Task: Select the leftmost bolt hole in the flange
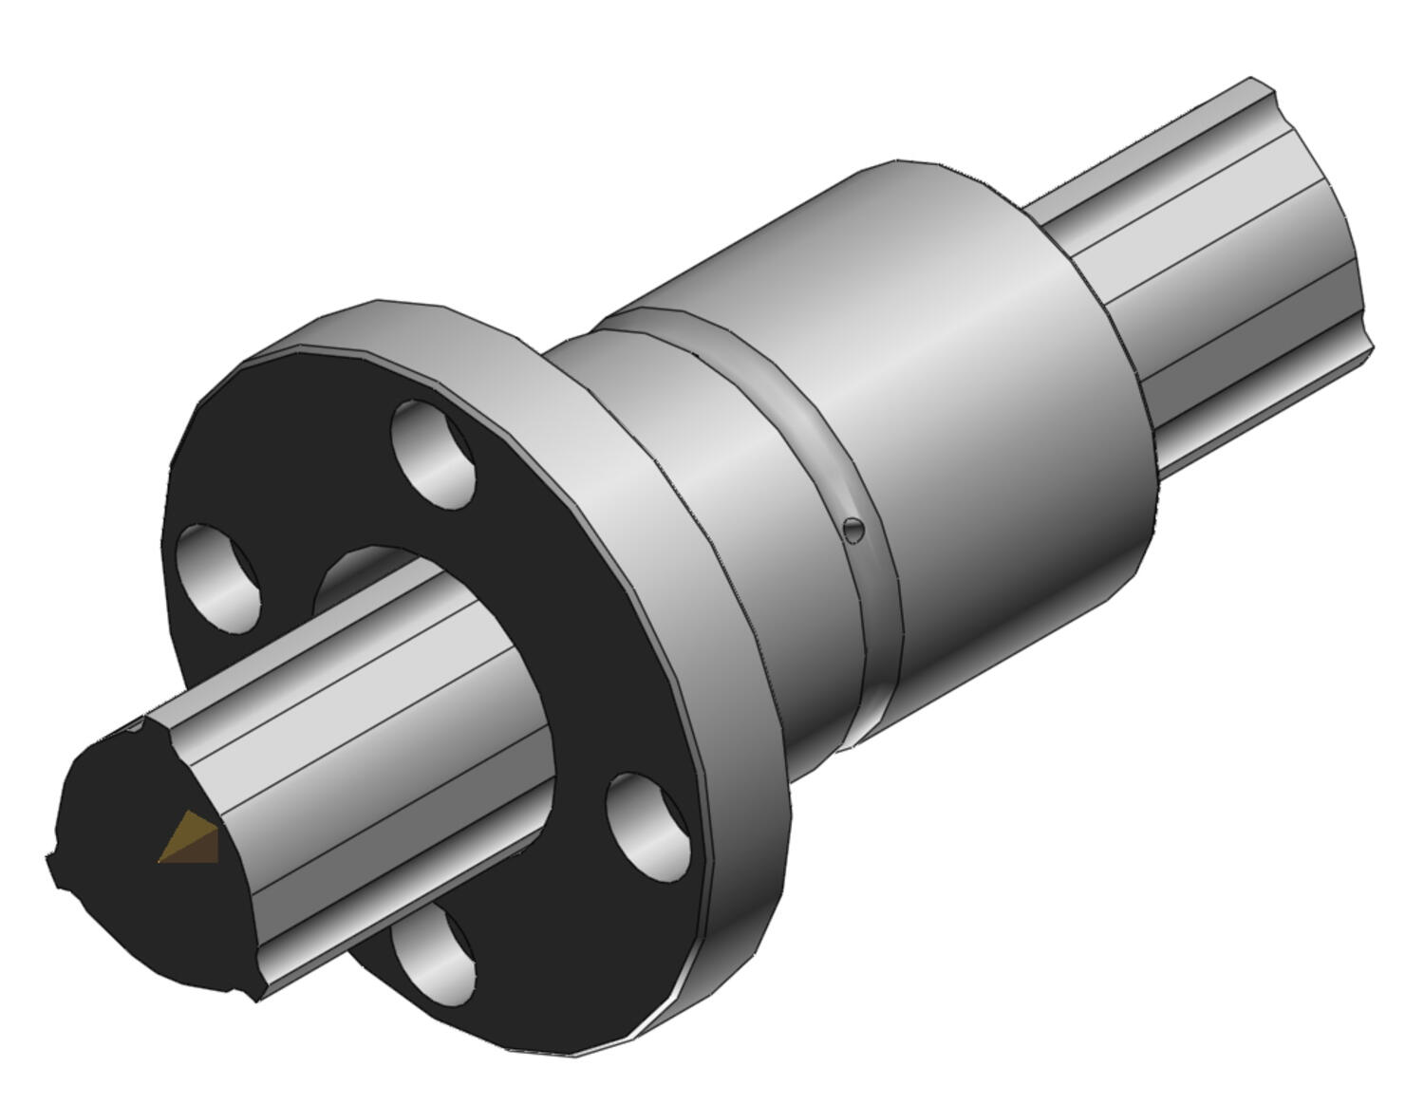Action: point(219,577)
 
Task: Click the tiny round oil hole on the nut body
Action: point(854,530)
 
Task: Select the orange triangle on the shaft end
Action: point(190,840)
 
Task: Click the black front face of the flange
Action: point(589,664)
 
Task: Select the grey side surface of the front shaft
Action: point(380,721)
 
